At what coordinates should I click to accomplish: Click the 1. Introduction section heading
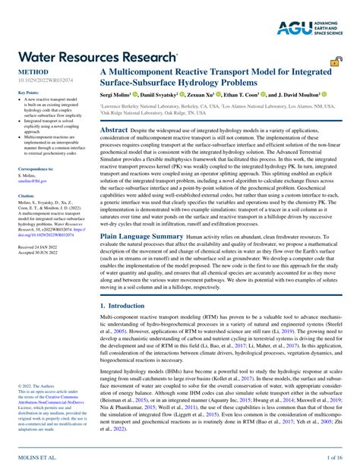pos(125,305)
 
